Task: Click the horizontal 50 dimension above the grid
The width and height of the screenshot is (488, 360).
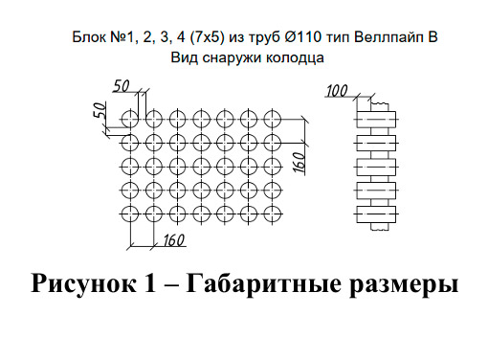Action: coord(122,86)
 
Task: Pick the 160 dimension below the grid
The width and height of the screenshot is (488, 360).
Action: coord(173,238)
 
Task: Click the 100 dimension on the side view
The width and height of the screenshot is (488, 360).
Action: coord(336,91)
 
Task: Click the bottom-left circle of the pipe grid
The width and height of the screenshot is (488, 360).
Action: coord(131,212)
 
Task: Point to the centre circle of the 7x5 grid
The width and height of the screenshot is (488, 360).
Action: coord(201,166)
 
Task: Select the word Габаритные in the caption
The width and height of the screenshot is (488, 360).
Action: coord(265,284)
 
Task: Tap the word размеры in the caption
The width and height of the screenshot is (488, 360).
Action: coord(403,284)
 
